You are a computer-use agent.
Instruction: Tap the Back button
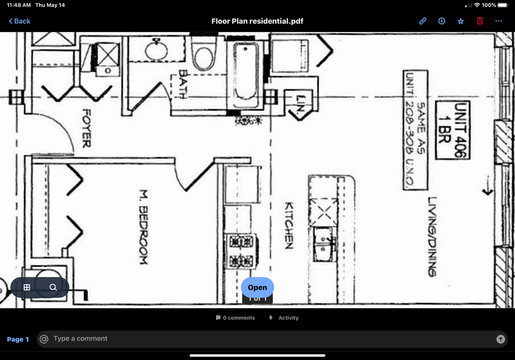(19, 21)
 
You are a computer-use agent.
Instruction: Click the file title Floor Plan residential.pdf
(257, 21)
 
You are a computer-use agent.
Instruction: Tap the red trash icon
(480, 21)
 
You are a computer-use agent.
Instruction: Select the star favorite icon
(461, 21)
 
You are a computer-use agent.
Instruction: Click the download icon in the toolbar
(442, 21)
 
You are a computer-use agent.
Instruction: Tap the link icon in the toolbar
(422, 21)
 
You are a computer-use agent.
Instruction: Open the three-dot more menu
(499, 21)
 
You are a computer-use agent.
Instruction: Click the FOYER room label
(87, 128)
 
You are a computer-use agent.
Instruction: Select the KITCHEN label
(289, 225)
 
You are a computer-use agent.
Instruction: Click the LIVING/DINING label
(432, 236)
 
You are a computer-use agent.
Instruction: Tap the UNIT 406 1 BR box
(453, 130)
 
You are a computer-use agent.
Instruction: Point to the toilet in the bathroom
(203, 56)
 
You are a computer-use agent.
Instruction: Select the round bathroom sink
(156, 50)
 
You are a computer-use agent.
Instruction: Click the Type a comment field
(266, 339)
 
